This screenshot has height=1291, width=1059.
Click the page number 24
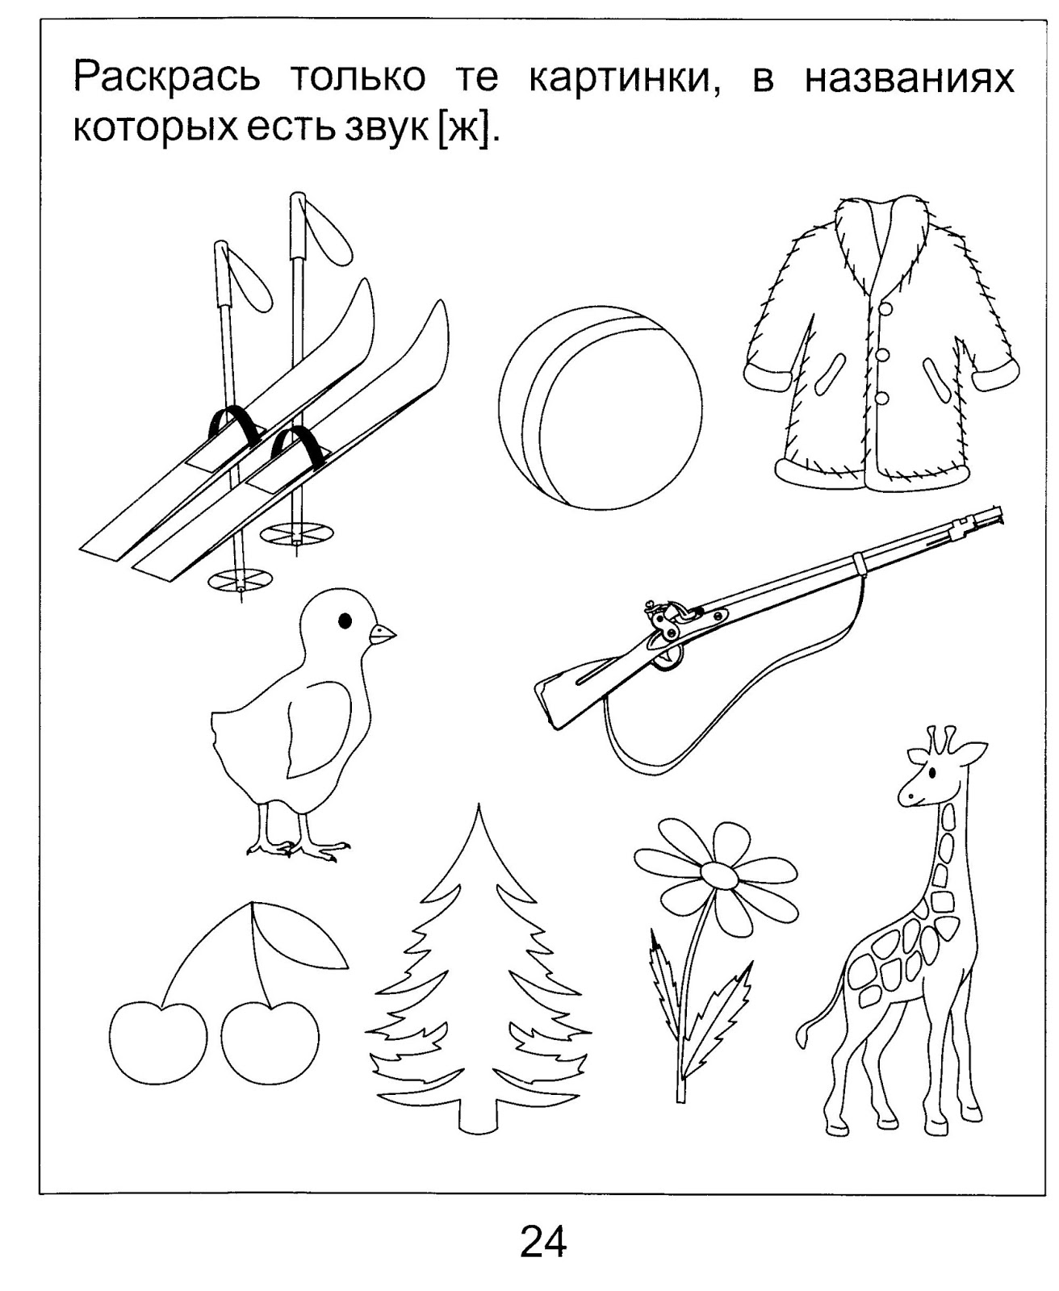(x=543, y=1241)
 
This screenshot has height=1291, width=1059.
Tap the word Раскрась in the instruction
(x=166, y=78)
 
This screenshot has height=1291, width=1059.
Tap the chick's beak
(x=383, y=634)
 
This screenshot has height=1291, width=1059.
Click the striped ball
(x=601, y=407)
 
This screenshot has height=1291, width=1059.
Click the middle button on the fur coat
(x=882, y=356)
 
